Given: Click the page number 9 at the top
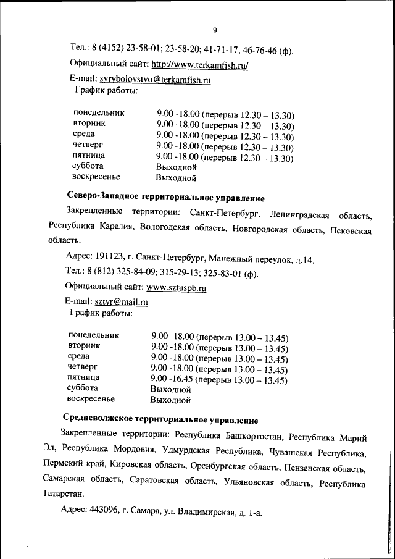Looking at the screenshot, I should coord(215,30).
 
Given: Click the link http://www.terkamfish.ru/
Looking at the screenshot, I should coord(199,64).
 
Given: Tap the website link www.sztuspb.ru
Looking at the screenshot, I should coord(176,287).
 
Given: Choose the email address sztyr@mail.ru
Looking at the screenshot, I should coord(121,302).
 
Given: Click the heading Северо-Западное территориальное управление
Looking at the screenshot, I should coord(165,198).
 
